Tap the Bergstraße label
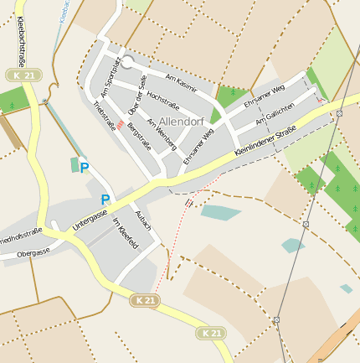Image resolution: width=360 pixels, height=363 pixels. [139, 135]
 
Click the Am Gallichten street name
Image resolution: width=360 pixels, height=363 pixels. [275, 117]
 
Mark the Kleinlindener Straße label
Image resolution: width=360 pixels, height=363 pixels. [266, 138]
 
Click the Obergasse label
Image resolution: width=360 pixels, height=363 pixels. [33, 252]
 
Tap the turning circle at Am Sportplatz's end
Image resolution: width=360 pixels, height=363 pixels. [128, 62]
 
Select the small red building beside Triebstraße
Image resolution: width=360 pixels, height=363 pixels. [121, 125]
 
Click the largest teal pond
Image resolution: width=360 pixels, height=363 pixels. [220, 212]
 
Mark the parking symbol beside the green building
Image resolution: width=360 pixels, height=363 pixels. [84, 169]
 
